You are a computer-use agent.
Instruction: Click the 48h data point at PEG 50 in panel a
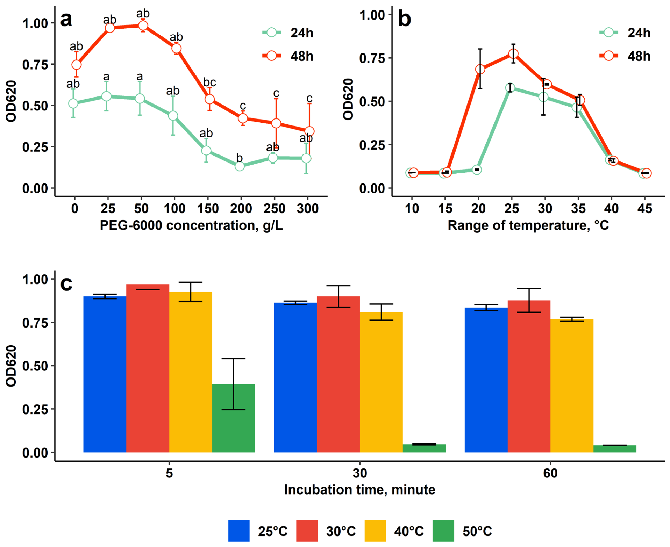tap(143, 26)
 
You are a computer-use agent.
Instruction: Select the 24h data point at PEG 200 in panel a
tap(240, 166)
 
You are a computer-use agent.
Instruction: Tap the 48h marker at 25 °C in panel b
tap(513, 54)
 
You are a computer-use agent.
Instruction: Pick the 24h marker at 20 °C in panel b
tap(477, 170)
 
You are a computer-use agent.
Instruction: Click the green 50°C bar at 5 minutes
tap(233, 418)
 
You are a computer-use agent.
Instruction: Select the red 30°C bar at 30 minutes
tap(338, 374)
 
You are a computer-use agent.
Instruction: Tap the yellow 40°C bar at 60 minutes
tap(572, 386)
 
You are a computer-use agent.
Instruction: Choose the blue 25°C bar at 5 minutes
tap(105, 374)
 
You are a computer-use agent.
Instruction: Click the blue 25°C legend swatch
tap(239, 531)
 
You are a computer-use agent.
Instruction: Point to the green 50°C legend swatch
tap(443, 531)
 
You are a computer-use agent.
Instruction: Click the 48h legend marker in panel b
tap(608, 56)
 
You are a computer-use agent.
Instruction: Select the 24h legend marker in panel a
tap(271, 33)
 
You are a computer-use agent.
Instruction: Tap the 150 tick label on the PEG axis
tap(208, 209)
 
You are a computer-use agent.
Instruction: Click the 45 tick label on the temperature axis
tap(644, 209)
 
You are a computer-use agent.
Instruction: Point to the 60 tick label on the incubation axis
tap(550, 473)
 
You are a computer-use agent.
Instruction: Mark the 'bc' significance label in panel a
tap(209, 82)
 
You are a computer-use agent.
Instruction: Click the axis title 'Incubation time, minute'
tap(359, 490)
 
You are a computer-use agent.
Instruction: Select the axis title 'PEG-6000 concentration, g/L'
tap(191, 225)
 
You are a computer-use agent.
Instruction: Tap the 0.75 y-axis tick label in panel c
tap(35, 323)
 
